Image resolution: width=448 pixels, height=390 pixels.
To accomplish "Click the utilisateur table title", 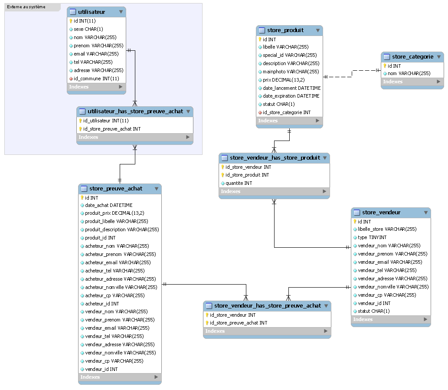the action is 92,12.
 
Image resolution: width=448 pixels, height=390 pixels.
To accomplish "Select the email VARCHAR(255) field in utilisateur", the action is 96,54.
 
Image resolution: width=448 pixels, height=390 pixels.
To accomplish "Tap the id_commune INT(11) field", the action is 96,79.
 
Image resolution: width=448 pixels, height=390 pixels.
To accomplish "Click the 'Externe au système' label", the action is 26,7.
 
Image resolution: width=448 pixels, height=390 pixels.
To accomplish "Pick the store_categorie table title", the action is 412,56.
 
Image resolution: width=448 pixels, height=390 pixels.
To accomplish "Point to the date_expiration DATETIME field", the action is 291,96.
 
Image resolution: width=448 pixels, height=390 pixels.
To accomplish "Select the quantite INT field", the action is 239,183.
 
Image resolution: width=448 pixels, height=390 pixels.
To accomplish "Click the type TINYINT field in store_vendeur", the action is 372,237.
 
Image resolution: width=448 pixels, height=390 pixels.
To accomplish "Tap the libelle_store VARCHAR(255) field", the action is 387,229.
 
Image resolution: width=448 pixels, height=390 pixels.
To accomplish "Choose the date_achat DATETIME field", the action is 109,205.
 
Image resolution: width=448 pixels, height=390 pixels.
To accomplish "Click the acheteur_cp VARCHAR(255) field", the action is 115,295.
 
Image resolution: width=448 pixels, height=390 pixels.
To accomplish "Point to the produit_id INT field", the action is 100,238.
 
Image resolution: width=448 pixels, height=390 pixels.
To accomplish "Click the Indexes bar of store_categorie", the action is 412,82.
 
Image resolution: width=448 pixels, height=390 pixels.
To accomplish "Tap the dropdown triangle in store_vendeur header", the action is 426,213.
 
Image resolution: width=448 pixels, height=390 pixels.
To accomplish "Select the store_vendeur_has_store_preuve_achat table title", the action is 268,306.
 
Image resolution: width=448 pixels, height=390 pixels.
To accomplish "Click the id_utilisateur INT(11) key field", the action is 106,121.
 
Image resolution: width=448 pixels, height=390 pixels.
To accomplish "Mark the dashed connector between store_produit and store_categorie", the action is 352,74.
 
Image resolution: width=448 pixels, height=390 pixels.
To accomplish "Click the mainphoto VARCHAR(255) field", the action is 291,72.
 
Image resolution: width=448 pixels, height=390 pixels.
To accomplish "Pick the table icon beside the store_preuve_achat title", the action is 84,189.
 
